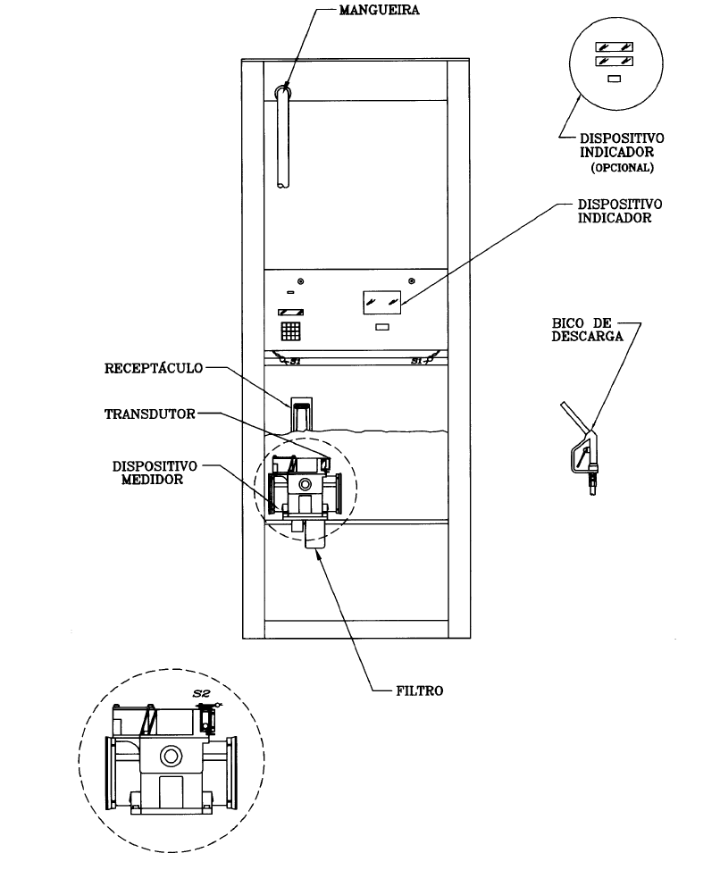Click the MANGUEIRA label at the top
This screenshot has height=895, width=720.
point(379,11)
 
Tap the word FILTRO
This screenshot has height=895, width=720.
point(420,690)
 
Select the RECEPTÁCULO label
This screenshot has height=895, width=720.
point(154,368)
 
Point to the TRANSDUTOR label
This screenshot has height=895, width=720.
point(149,414)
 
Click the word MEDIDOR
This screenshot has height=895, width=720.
point(153,480)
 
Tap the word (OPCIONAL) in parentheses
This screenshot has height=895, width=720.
point(622,168)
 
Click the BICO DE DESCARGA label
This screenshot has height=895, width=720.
point(587,330)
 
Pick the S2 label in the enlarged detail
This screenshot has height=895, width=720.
point(201,693)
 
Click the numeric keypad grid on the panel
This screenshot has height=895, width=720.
point(290,331)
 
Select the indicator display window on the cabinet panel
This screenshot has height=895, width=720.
point(382,303)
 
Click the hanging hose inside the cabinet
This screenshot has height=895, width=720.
point(283,137)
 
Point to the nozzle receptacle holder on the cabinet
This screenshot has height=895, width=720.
point(301,414)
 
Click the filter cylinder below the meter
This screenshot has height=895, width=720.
point(314,533)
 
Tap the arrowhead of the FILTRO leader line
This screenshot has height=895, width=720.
point(316,553)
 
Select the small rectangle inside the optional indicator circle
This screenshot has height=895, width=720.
point(614,79)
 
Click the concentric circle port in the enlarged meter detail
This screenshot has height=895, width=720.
point(170,757)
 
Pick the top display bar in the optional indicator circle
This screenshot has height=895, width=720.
point(614,46)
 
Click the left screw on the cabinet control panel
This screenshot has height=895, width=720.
point(301,281)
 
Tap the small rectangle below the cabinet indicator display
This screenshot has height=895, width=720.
point(382,327)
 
